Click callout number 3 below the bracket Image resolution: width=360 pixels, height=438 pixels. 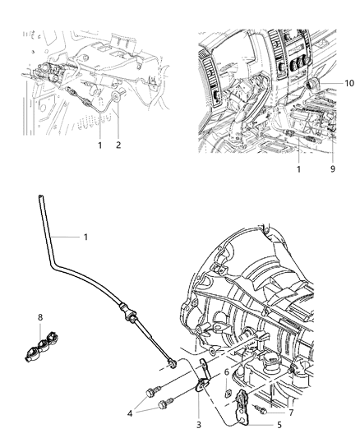point(197,426)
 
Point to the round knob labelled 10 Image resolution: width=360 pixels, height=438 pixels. point(314,84)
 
